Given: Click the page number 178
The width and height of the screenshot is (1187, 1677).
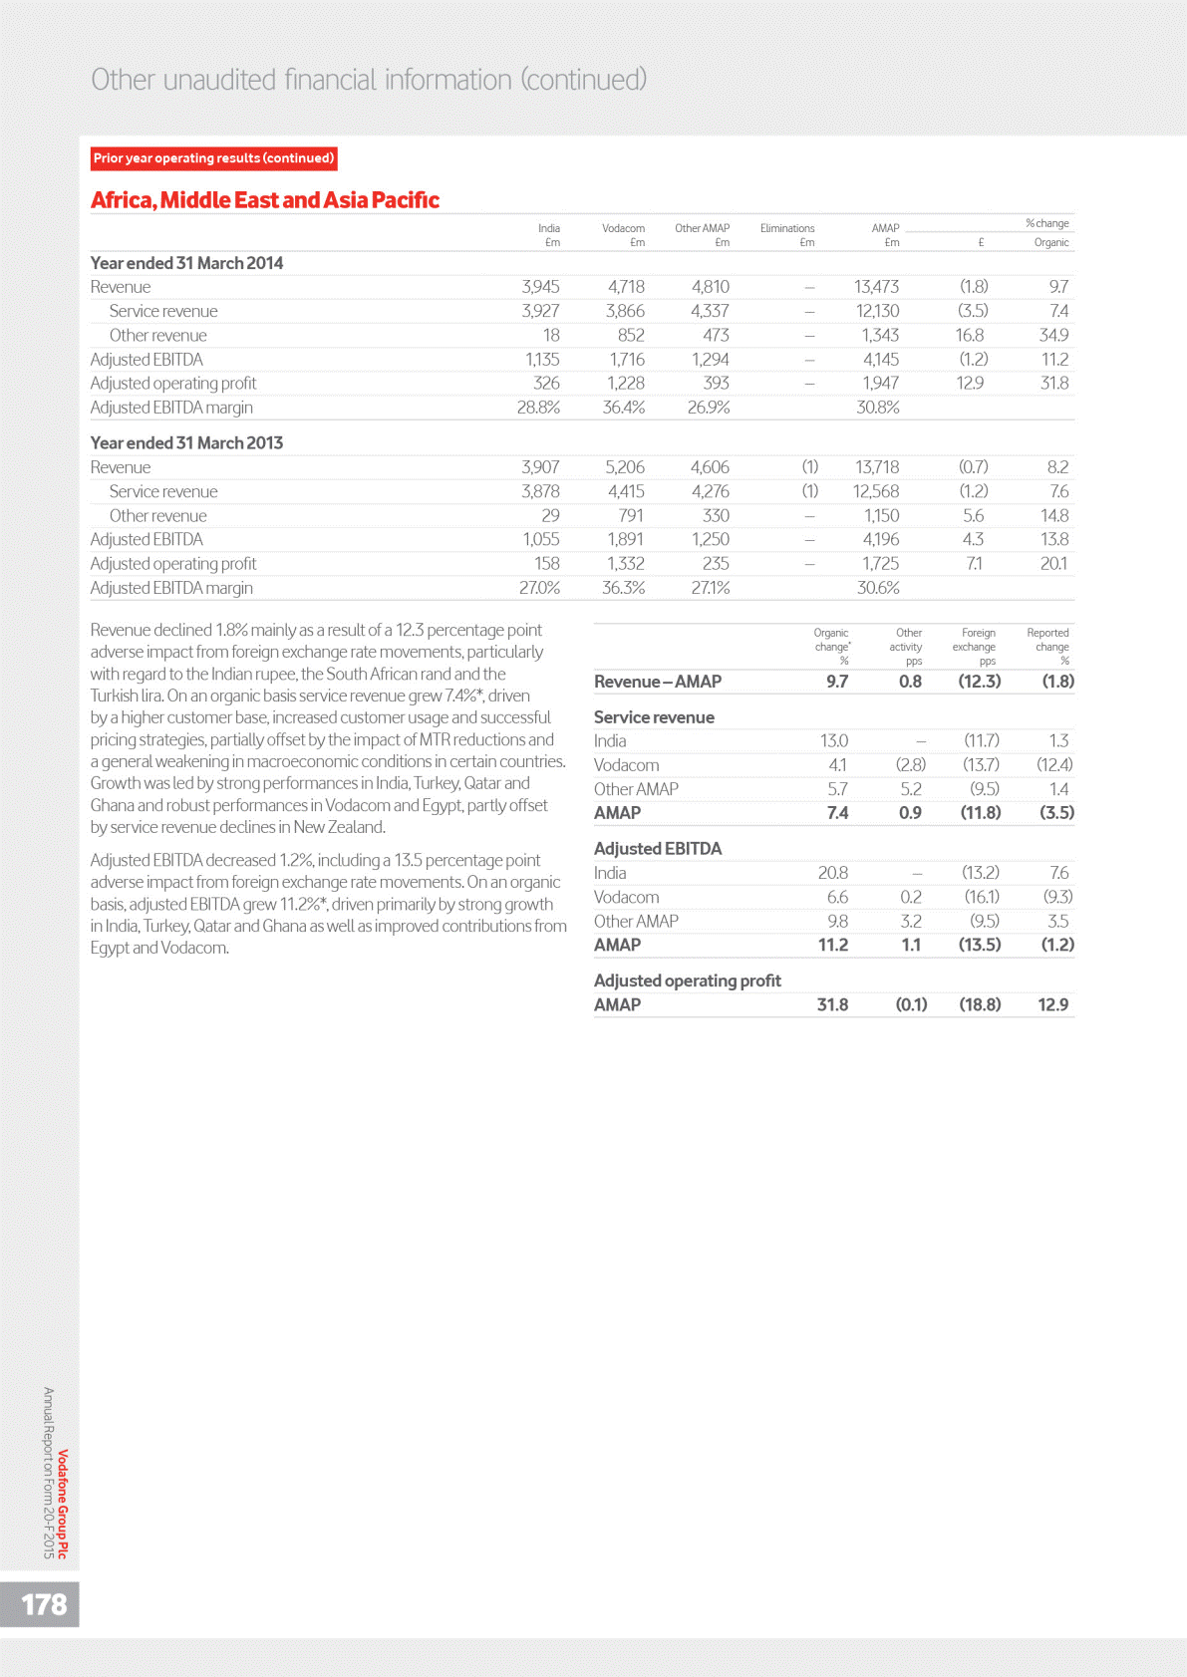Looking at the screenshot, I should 44,1603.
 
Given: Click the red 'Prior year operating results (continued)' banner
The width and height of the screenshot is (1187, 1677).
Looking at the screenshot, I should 213,158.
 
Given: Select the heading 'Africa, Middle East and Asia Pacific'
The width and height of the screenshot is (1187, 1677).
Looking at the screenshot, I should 265,200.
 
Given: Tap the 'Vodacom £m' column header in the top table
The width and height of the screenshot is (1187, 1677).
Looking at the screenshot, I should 623,235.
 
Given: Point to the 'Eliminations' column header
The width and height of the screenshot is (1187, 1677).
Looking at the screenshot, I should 787,228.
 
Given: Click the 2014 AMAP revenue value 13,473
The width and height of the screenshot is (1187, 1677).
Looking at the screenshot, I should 876,287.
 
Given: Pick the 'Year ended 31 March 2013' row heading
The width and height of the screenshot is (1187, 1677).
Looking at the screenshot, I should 186,442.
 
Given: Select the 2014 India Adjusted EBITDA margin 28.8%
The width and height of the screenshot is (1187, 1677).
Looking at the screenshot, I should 538,408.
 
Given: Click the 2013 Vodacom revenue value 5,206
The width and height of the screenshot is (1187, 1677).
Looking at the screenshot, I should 625,467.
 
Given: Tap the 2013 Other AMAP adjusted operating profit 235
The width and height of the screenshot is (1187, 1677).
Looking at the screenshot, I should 716,564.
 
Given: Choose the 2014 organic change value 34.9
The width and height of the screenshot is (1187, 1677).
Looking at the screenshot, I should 1053,336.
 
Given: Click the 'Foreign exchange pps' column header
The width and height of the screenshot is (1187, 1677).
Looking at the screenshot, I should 977,647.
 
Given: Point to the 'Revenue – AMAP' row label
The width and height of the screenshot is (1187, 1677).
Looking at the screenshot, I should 657,682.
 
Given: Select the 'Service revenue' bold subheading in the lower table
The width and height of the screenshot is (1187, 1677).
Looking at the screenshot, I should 654,717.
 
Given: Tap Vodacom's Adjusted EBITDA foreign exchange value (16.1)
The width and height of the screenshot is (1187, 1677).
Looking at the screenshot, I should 982,897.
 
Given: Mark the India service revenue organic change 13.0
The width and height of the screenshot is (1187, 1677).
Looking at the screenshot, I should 833,741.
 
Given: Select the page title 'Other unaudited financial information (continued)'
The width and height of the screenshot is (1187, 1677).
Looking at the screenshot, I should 369,80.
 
